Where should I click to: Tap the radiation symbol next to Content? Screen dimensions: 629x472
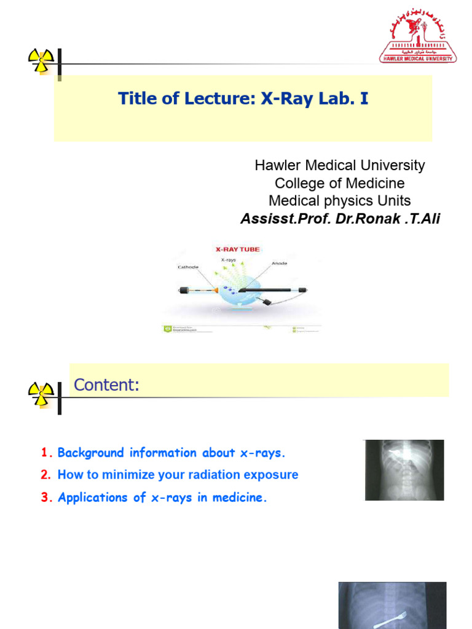pyautogui.click(x=41, y=393)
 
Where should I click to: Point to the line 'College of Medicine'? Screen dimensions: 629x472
pyautogui.click(x=339, y=183)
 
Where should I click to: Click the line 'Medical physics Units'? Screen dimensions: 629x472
pyautogui.click(x=339, y=201)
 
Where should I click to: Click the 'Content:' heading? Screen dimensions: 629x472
pyautogui.click(x=106, y=385)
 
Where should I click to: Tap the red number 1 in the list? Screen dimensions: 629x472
pyautogui.click(x=44, y=453)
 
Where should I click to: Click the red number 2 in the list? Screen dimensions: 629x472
pyautogui.click(x=45, y=475)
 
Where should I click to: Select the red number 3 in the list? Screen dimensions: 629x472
pyautogui.click(x=45, y=498)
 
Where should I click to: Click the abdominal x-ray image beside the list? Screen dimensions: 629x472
pyautogui.click(x=404, y=469)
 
